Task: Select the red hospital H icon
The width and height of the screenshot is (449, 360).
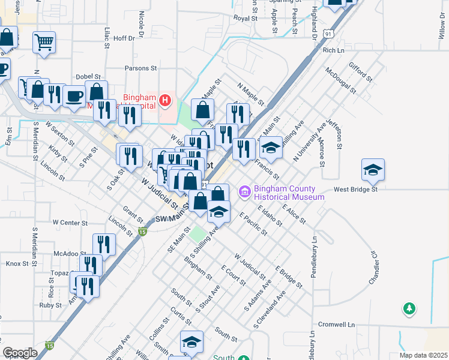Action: (166, 101)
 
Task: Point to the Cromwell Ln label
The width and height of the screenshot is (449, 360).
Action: (336, 325)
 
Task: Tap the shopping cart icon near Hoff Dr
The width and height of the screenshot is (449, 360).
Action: (44, 43)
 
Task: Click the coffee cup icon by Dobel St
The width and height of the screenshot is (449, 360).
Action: (74, 96)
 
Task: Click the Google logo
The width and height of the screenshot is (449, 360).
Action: (20, 353)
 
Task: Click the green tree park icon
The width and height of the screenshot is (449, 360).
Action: (409, 308)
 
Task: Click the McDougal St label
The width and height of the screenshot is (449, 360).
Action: (340, 81)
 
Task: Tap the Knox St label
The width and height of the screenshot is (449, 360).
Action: (17, 263)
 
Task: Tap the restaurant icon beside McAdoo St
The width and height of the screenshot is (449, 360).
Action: (104, 244)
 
